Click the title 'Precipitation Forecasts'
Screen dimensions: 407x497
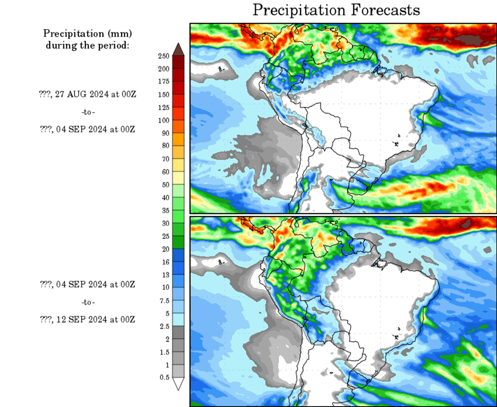(336, 10)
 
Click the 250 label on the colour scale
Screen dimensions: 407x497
(164, 56)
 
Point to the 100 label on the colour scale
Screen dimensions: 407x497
(164, 120)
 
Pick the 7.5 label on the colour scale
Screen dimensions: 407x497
(164, 300)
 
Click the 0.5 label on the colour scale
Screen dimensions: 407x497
(164, 377)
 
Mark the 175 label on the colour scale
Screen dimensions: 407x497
(164, 82)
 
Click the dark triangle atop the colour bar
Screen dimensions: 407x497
(178, 49)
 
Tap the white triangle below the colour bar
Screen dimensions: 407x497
(178, 384)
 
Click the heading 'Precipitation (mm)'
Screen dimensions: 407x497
(87, 34)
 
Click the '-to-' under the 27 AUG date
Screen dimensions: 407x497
(87, 112)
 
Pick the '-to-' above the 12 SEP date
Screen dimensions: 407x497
(87, 302)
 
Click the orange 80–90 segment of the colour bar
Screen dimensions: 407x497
(178, 139)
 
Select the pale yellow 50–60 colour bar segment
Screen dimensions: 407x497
(178, 178)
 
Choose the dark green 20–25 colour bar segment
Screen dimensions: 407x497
(178, 242)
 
